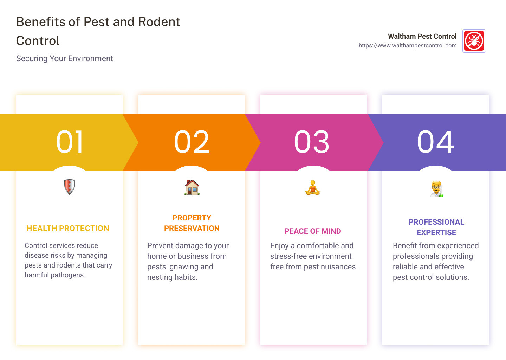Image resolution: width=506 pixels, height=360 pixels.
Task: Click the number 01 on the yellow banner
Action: (x=70, y=142)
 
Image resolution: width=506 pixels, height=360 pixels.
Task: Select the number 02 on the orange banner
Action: (x=192, y=142)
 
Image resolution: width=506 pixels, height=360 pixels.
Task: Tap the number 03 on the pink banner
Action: (x=312, y=142)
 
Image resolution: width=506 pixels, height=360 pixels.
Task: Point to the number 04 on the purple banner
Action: (x=435, y=142)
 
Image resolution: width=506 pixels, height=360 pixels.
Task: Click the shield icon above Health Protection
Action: (x=70, y=186)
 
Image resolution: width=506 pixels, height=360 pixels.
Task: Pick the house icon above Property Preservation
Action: (x=192, y=187)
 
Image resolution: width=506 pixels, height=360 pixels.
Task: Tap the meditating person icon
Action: (x=313, y=188)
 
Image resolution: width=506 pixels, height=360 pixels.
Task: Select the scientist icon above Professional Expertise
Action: (x=436, y=189)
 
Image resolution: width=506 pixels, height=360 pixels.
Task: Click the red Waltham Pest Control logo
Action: (x=474, y=41)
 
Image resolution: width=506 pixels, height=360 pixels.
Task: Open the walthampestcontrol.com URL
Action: (x=408, y=46)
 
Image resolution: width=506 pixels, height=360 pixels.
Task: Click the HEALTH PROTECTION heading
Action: (x=68, y=229)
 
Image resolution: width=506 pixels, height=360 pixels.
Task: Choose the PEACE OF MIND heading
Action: (x=313, y=231)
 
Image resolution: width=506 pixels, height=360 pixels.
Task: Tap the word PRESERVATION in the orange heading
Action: (x=192, y=229)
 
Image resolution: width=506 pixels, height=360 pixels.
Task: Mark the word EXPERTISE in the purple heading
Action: (x=436, y=233)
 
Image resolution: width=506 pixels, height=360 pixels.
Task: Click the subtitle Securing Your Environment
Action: (x=65, y=59)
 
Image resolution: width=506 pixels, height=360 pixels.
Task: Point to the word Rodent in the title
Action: (x=159, y=22)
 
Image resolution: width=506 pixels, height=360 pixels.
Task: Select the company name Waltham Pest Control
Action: (x=422, y=36)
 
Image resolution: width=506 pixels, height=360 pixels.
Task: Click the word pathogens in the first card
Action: (x=68, y=275)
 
